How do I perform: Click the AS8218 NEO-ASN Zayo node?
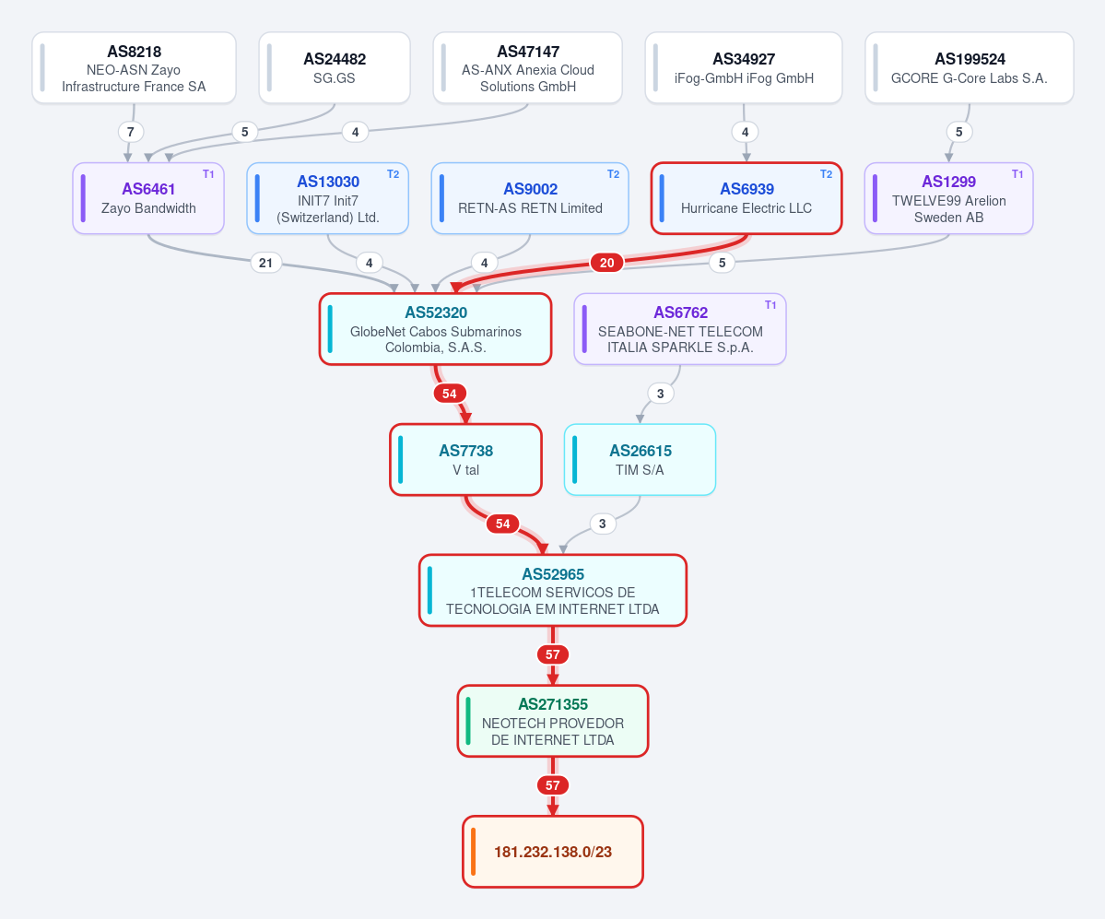point(134,67)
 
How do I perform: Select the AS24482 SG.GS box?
point(335,67)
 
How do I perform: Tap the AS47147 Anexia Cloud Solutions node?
point(528,67)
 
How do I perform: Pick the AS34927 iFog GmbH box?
point(744,67)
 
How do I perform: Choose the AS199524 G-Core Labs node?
point(969,67)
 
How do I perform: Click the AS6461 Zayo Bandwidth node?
point(148,198)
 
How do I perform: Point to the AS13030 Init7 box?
point(328,198)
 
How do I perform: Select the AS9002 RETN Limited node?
point(530,198)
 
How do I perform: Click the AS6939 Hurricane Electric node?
point(746,198)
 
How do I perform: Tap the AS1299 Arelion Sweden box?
point(948,198)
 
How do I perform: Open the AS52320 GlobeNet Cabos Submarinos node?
point(436,329)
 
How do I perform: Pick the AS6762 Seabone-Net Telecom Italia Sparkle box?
point(680,329)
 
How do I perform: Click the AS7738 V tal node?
point(465,459)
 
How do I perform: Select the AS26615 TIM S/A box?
point(640,459)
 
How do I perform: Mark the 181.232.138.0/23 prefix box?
point(553,852)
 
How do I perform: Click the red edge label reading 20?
point(606,263)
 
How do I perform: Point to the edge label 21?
point(265,263)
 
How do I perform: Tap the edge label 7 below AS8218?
point(130,132)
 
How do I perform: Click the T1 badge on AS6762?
point(770,304)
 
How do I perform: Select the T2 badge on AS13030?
point(394,174)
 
